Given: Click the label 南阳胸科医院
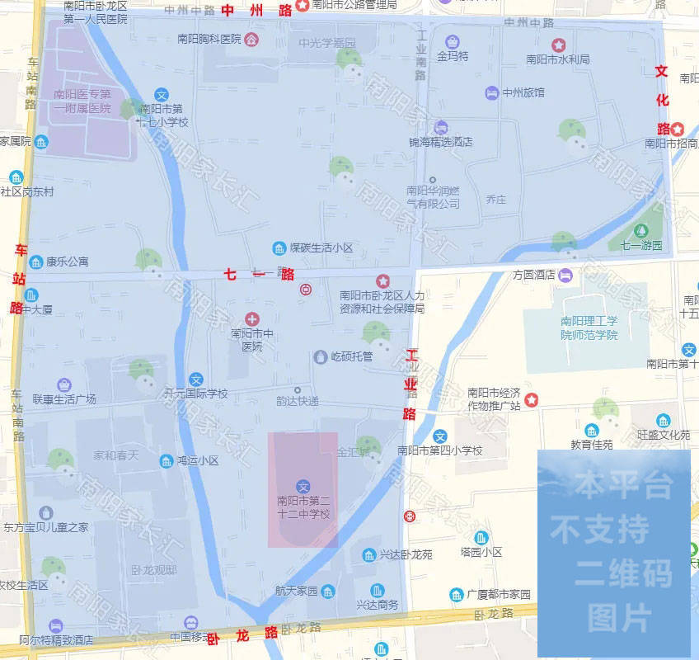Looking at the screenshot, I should point(209,39).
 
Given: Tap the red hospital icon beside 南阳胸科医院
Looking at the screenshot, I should point(251,39).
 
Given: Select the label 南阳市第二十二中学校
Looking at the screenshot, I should point(303,507).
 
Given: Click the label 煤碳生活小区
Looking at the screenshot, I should point(321,247).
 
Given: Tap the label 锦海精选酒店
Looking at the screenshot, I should point(441,142).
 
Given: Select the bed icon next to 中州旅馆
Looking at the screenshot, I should point(492,92).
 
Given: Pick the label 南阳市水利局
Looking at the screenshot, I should point(558,59).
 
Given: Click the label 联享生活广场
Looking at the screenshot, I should point(64,399).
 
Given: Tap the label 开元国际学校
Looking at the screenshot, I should point(195,394).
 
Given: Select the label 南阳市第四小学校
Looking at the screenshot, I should point(440,450).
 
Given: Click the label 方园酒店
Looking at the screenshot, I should point(534,275).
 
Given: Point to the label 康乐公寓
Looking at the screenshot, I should point(67,262).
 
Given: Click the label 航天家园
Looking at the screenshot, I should point(296,592).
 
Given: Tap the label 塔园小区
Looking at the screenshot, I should point(481,552).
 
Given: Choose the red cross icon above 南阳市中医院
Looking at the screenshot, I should point(252,319).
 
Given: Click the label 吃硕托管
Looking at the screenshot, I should point(351,356).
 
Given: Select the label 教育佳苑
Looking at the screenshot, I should point(592,445).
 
